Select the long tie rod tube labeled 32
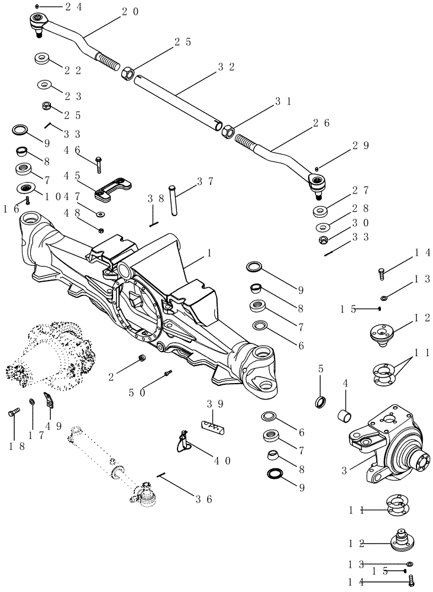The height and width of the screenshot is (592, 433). coord(177,101)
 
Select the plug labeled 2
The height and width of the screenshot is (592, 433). coord(143,359)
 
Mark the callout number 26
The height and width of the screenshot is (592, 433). coord(322,123)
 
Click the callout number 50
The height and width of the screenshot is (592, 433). coord(137,392)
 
